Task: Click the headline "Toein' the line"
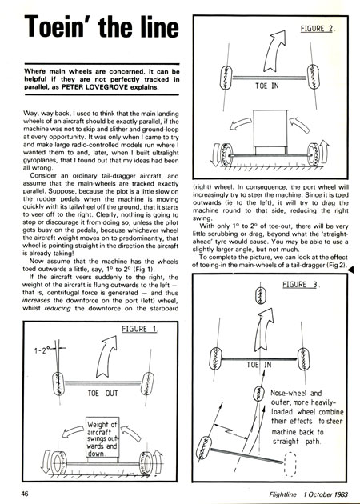point(102,26)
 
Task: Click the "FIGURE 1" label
point(139,329)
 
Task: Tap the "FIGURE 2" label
point(317,28)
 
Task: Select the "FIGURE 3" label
point(300,285)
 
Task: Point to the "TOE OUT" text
point(103,393)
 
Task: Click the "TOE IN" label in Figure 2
point(266,86)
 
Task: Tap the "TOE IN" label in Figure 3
point(258,365)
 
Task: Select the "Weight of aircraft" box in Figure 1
point(102,437)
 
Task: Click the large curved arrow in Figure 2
point(274,51)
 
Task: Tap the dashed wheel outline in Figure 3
point(290,464)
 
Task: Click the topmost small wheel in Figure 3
point(261,295)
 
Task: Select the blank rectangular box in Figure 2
point(270,129)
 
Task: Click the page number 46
point(25,494)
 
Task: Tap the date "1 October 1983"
point(326,494)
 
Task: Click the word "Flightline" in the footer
point(283,494)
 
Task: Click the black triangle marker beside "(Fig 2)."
point(350,270)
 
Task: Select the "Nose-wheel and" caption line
point(296,393)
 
